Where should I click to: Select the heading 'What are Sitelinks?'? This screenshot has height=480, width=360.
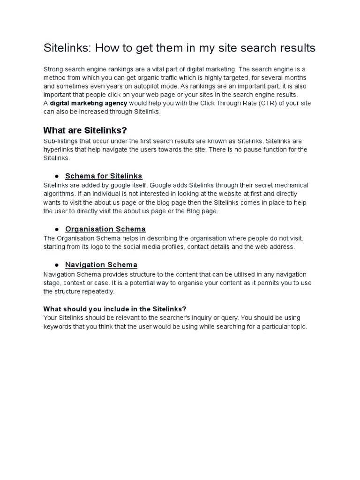[x=85, y=130]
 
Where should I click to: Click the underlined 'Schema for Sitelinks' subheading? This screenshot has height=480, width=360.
[x=104, y=176]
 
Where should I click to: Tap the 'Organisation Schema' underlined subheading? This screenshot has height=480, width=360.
[x=105, y=229]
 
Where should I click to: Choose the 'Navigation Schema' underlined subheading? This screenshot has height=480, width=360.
[x=101, y=265]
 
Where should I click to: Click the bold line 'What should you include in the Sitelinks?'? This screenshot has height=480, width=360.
[x=115, y=309]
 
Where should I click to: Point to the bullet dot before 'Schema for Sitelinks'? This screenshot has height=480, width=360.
[x=56, y=176]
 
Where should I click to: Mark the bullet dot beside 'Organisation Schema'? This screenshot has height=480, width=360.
[x=56, y=229]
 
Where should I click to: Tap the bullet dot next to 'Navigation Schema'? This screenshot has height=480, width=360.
[x=56, y=265]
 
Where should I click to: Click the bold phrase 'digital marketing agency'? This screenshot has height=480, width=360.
[x=89, y=103]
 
